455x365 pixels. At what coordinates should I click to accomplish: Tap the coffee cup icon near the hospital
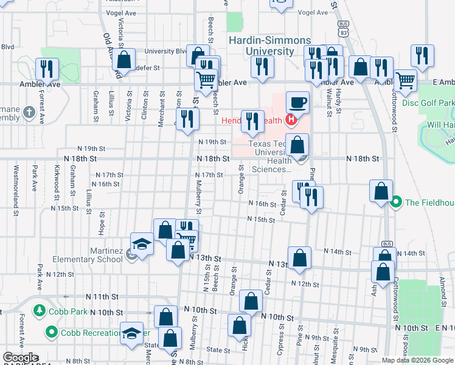click(x=297, y=102)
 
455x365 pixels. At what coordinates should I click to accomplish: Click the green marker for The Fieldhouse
click(x=397, y=201)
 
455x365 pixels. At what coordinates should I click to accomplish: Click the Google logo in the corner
click(x=20, y=358)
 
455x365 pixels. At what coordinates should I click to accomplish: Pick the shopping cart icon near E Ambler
click(x=405, y=80)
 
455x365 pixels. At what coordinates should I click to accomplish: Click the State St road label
click(x=218, y=350)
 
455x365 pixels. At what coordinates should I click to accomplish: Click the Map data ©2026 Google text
click(x=417, y=360)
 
